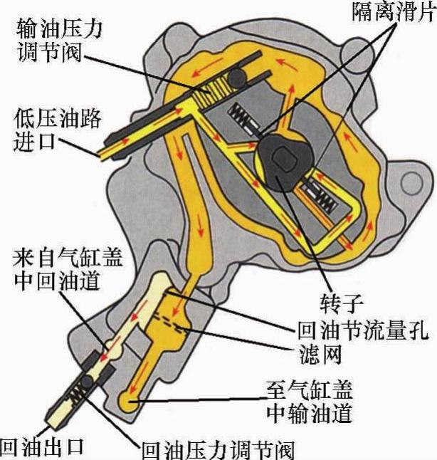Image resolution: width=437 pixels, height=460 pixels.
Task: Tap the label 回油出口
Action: (x=43, y=446)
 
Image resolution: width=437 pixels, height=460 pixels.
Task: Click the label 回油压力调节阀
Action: (x=217, y=449)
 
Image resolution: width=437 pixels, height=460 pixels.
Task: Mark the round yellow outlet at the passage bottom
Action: (x=130, y=400)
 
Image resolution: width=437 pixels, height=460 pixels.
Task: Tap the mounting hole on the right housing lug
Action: (x=411, y=182)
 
